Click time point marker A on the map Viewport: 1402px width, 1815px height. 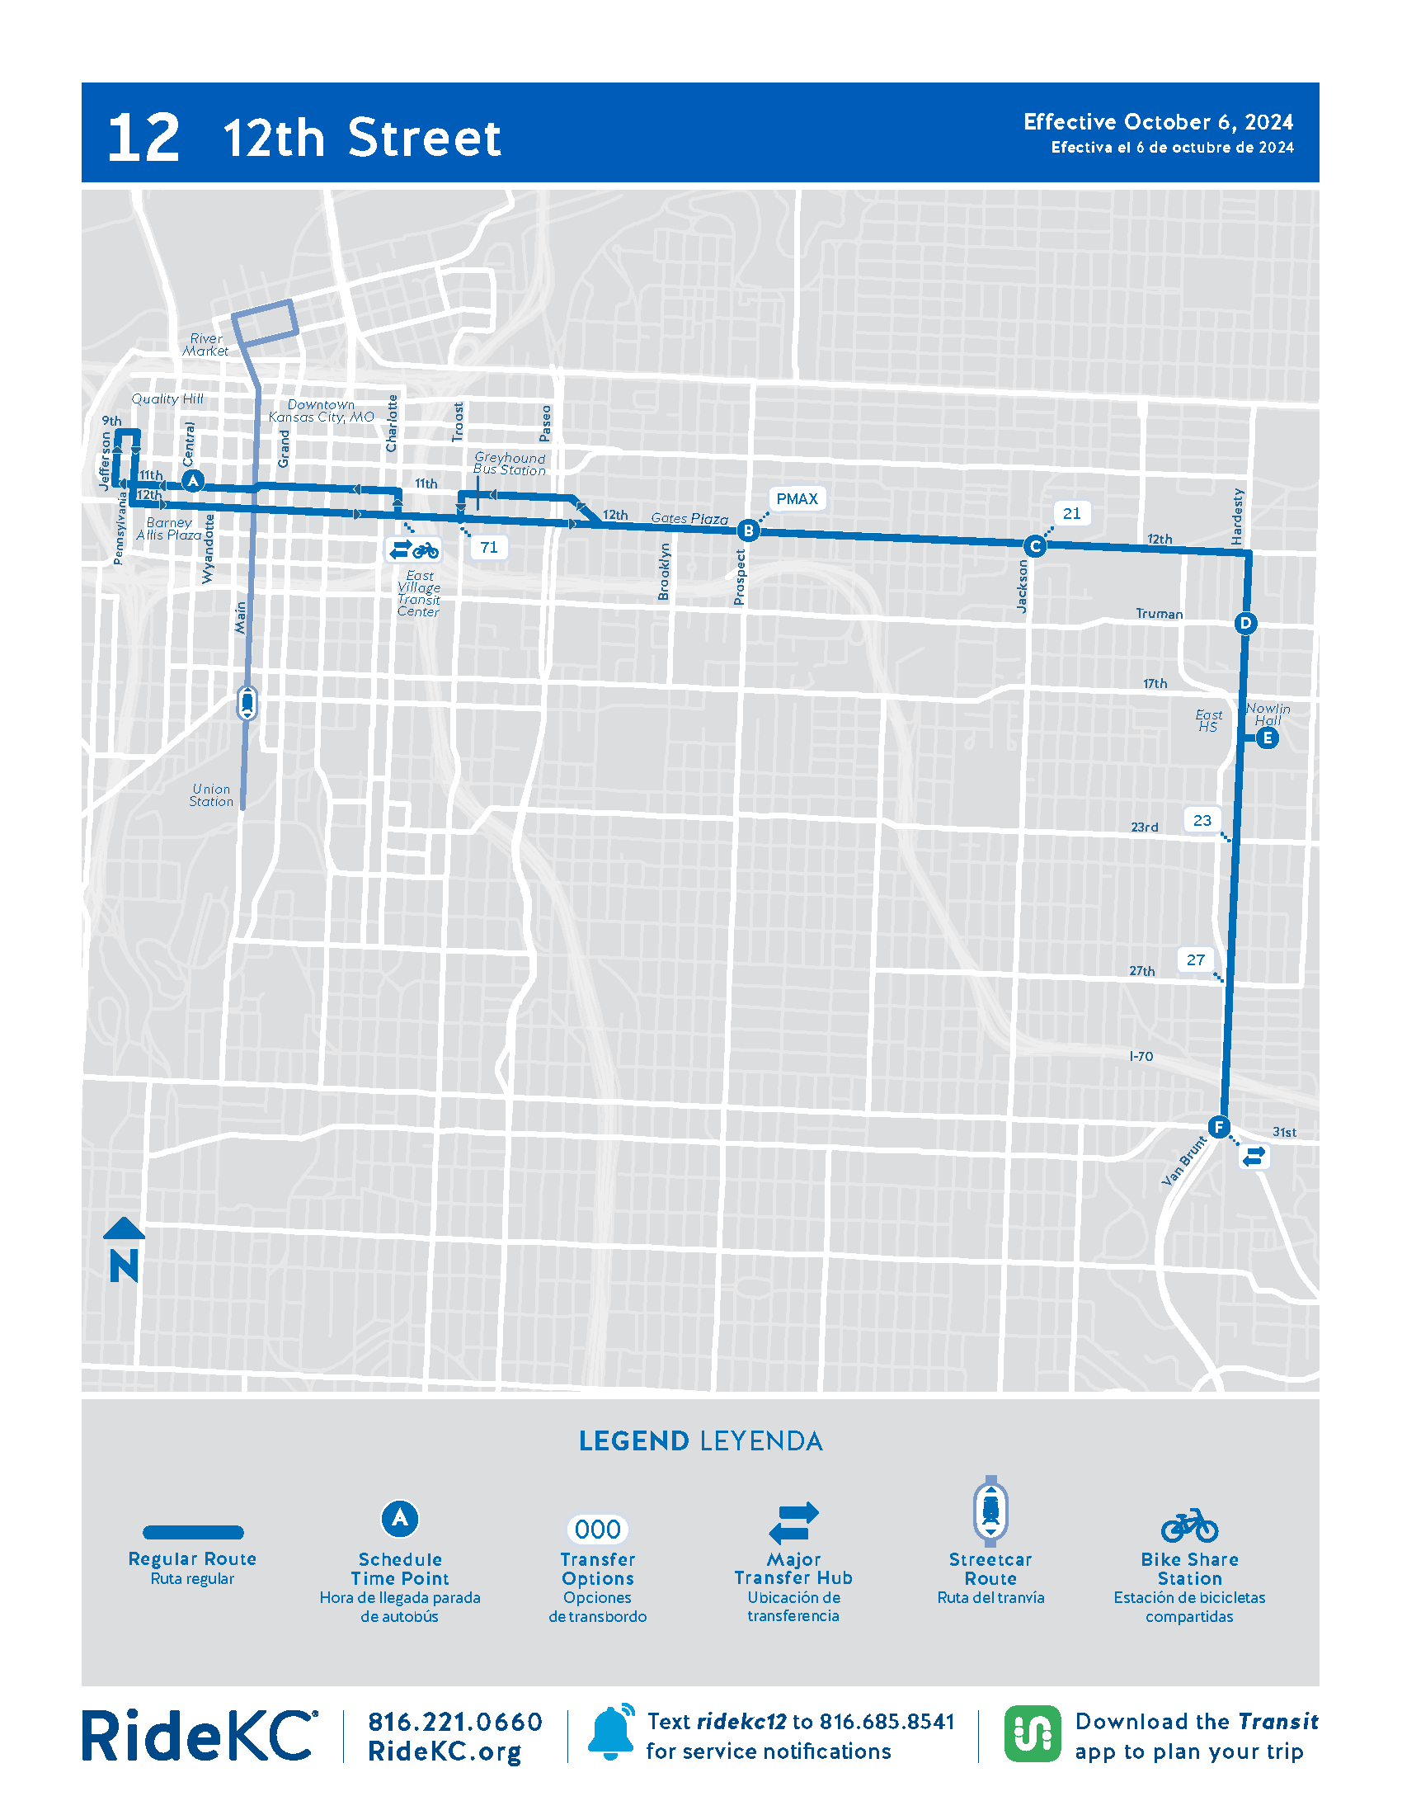pyautogui.click(x=193, y=480)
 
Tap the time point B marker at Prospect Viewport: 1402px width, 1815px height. pyautogui.click(x=748, y=530)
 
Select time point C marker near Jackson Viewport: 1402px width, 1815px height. pyautogui.click(x=1035, y=546)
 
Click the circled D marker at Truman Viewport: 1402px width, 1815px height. pyautogui.click(x=1245, y=623)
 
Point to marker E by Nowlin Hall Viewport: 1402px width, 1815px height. pyautogui.click(x=1267, y=738)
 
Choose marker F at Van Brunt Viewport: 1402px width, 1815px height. pyautogui.click(x=1218, y=1127)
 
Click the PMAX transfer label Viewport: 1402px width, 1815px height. pyautogui.click(x=797, y=498)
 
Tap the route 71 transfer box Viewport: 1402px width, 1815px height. pyautogui.click(x=489, y=547)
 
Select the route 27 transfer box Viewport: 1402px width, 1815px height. pyautogui.click(x=1195, y=959)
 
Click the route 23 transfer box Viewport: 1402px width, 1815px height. pyautogui.click(x=1202, y=820)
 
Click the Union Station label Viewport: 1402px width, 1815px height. pyautogui.click(x=211, y=795)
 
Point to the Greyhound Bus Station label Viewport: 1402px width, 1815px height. pyautogui.click(x=509, y=464)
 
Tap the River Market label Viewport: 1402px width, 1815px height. pyautogui.click(x=206, y=345)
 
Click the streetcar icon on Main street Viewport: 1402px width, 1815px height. pyautogui.click(x=247, y=703)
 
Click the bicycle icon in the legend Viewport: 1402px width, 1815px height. pyautogui.click(x=1189, y=1525)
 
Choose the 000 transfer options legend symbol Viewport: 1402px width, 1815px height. pyautogui.click(x=597, y=1529)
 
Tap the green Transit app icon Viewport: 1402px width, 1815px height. pyautogui.click(x=1032, y=1734)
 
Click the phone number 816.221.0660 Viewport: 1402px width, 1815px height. pyautogui.click(x=455, y=1722)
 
